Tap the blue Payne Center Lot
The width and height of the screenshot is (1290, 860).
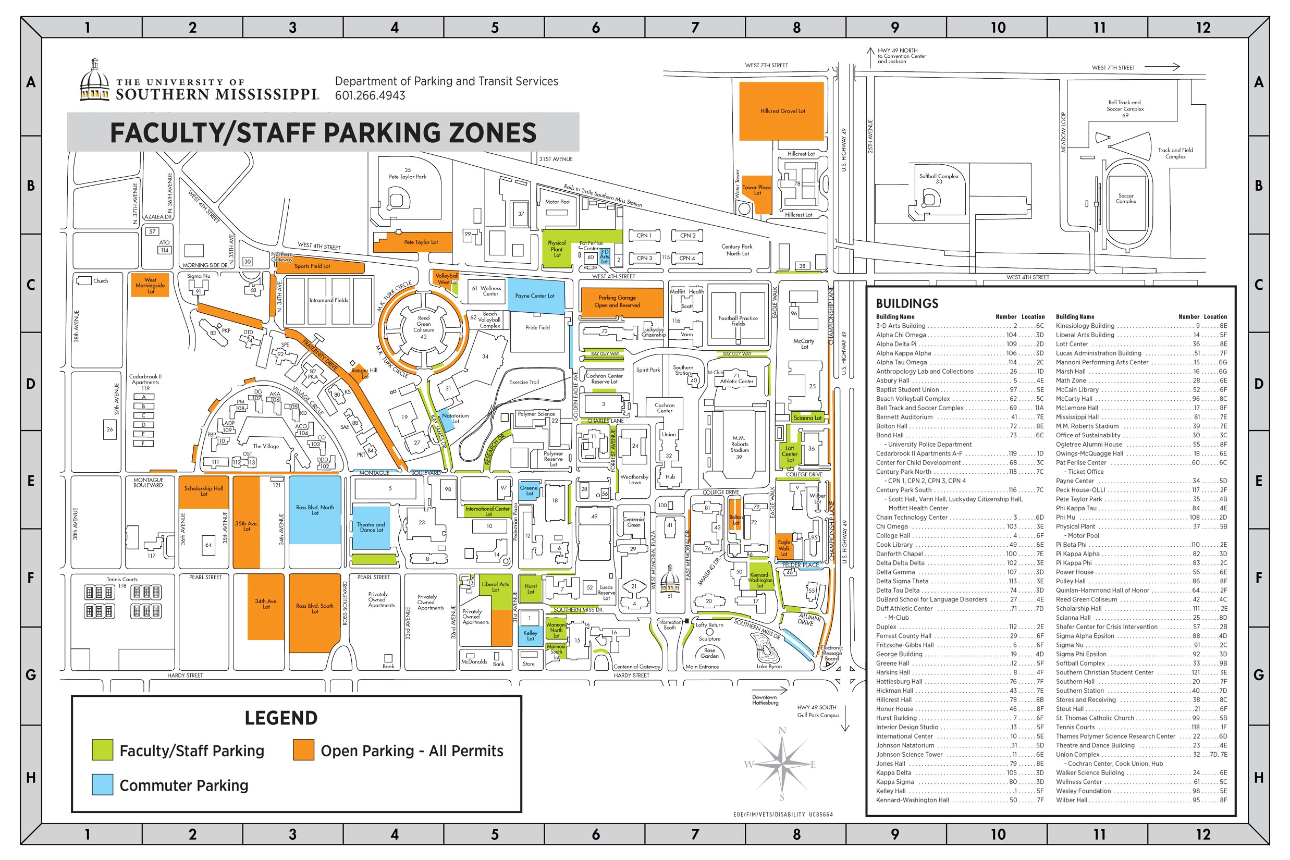pyautogui.click(x=535, y=296)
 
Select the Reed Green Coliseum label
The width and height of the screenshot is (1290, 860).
pyautogui.click(x=423, y=324)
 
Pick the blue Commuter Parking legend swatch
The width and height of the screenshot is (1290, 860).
pyautogui.click(x=103, y=785)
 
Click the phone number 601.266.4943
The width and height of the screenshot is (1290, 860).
pyautogui.click(x=370, y=95)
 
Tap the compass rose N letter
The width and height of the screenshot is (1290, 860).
pyautogui.click(x=782, y=731)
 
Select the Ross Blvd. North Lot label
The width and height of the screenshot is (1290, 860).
pyautogui.click(x=315, y=510)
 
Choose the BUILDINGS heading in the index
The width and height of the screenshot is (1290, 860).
pyautogui.click(x=906, y=303)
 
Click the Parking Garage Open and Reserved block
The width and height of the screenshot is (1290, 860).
pyautogui.click(x=617, y=302)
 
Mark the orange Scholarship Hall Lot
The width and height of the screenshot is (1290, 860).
pyautogui.click(x=203, y=492)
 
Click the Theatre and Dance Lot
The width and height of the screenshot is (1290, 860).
pyautogui.click(x=371, y=527)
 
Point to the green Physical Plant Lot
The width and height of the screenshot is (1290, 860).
pyautogui.click(x=556, y=250)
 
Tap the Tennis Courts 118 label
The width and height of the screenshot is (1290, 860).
pyautogui.click(x=122, y=582)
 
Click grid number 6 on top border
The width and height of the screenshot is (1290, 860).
pyautogui.click(x=596, y=28)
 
